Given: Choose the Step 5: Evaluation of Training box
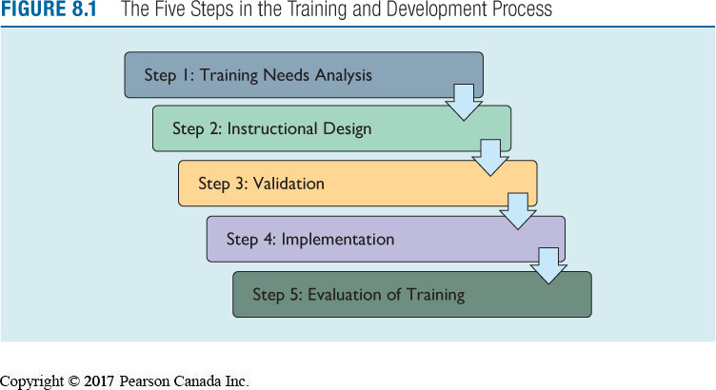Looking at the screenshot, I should [x=411, y=294].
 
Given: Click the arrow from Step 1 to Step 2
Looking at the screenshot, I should [x=464, y=101].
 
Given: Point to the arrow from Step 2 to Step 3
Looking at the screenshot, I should [x=491, y=156].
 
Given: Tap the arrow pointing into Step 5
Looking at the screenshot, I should [x=547, y=265].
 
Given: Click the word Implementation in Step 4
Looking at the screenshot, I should [x=335, y=239].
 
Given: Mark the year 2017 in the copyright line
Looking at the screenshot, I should [x=96, y=381].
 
